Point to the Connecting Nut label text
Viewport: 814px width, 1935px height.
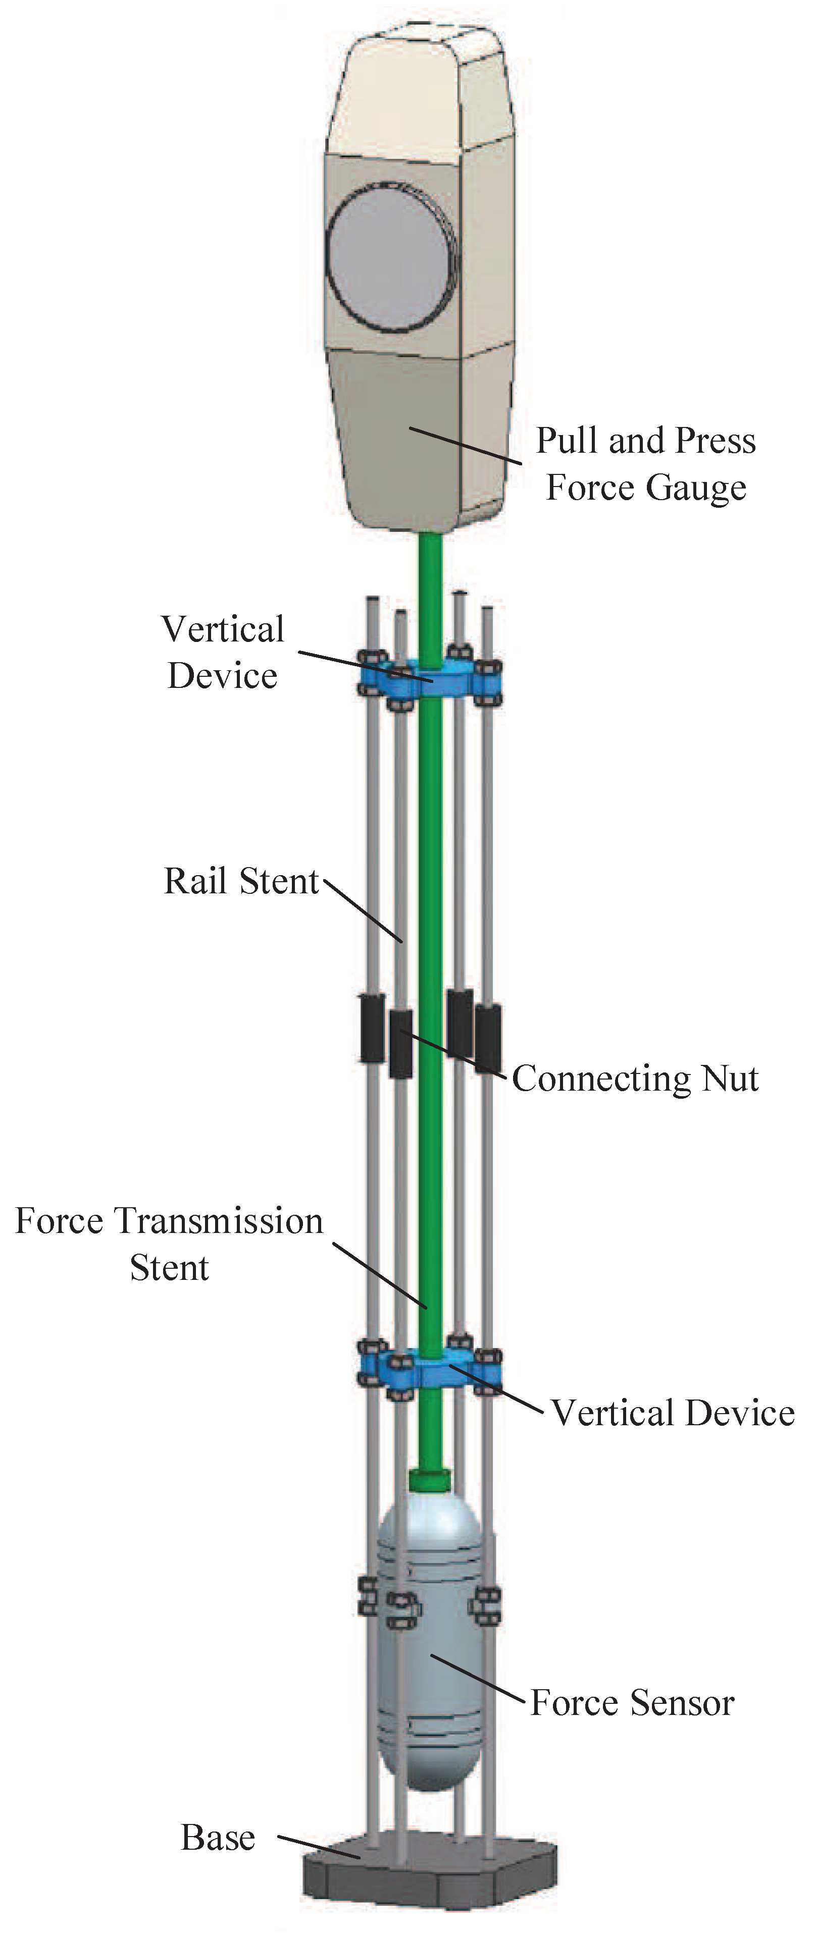click(635, 1079)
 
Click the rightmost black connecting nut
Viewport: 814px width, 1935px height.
click(488, 1037)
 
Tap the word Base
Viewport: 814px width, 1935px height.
click(218, 1838)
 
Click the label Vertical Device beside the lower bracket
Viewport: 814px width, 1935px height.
click(673, 1413)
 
